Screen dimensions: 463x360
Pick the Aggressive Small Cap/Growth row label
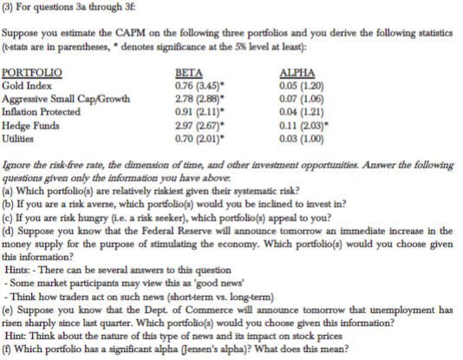click(x=55, y=101)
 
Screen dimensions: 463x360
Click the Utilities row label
click(x=20, y=138)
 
